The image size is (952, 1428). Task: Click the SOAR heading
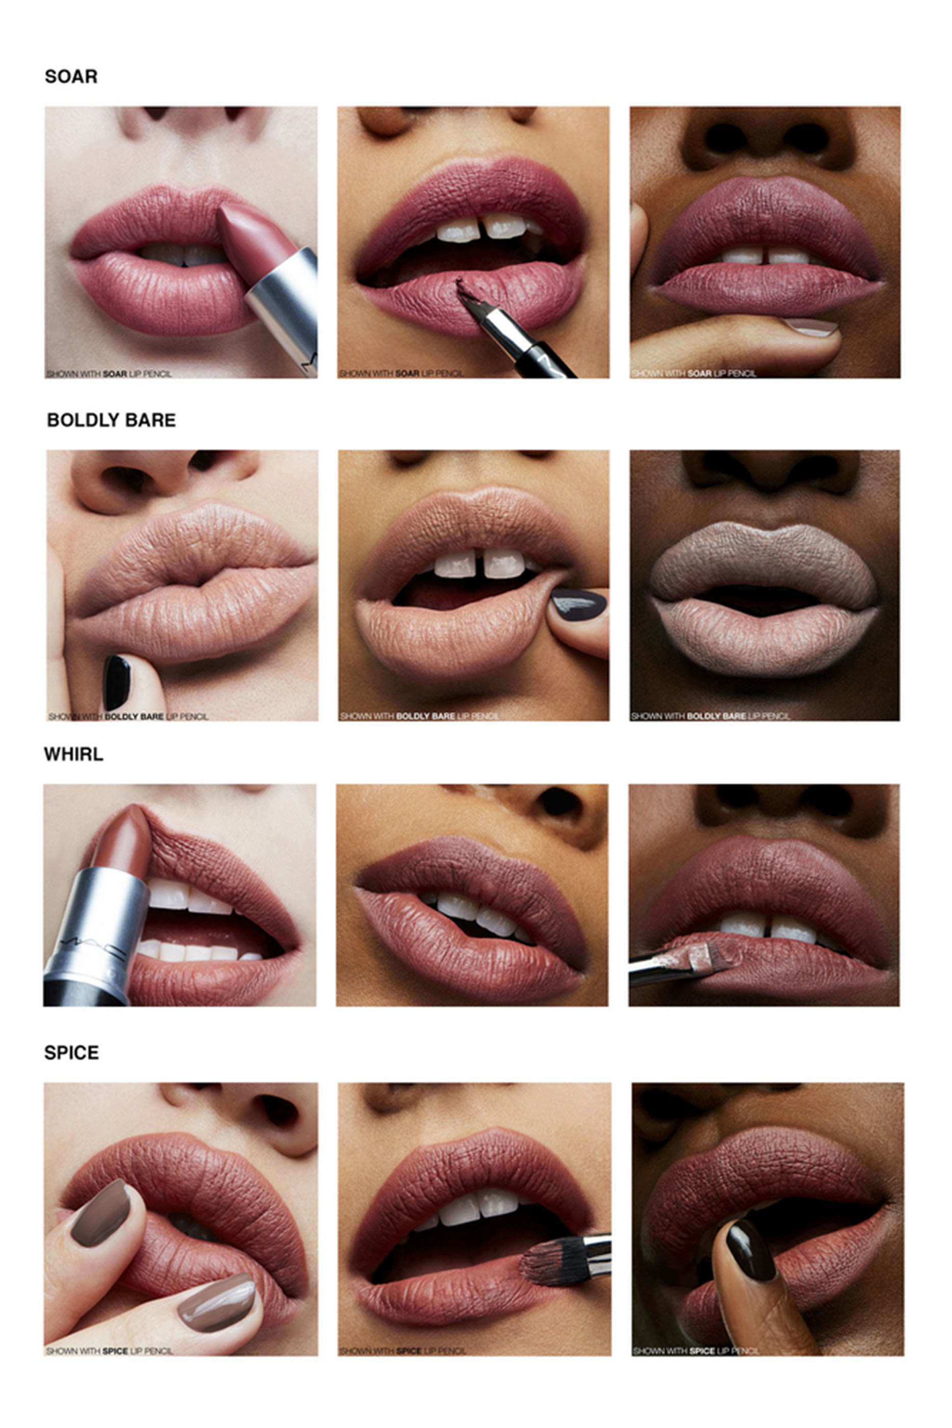click(71, 76)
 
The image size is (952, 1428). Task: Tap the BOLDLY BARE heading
click(111, 420)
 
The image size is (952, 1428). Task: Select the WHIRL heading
click(73, 754)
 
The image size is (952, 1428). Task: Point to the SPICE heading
click(72, 1053)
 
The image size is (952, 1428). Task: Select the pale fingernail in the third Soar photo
click(811, 326)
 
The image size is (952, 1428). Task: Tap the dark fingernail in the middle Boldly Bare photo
click(579, 604)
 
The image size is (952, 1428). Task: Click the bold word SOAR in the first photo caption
click(115, 374)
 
